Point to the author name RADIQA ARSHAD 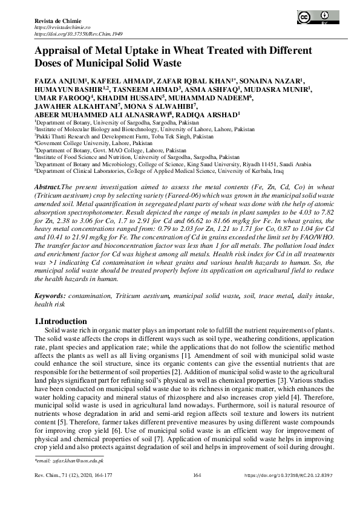(x=213, y=114)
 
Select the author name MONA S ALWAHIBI (x=155, y=105)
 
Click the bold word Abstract (x=48, y=189)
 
